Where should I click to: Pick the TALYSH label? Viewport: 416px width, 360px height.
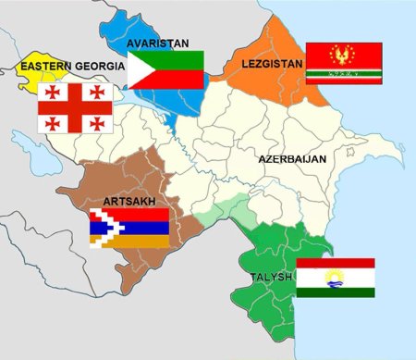coord(270,277)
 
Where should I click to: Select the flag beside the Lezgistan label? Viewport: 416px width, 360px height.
coord(344,62)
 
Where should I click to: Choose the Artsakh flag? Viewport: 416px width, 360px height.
coord(128,228)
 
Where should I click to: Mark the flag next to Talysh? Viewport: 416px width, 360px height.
coord(335,277)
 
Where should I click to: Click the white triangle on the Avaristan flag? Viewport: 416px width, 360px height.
coord(143,69)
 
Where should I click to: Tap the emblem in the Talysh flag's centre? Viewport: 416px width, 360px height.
coord(335,277)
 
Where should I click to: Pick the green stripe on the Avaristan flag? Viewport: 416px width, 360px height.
coord(176,58)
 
